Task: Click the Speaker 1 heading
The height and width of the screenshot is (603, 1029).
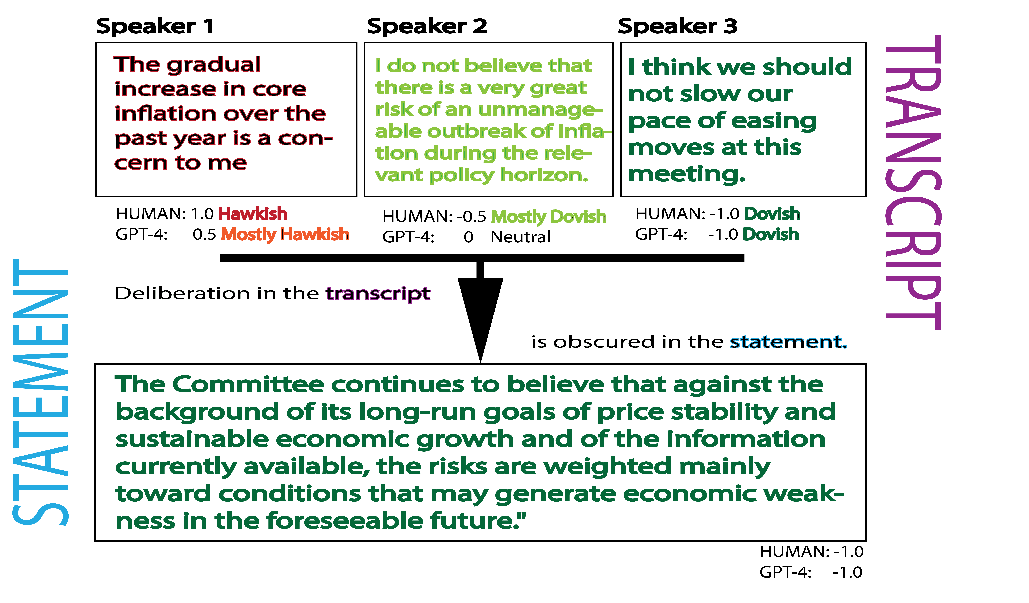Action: [x=155, y=27]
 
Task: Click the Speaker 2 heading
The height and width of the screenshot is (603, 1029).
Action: [x=427, y=27]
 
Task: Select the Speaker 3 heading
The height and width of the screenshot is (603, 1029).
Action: [x=678, y=27]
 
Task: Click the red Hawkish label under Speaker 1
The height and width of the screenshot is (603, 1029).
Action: [x=253, y=214]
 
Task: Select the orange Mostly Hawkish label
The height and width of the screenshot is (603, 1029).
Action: [x=285, y=235]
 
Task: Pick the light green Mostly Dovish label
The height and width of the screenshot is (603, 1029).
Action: [x=548, y=217]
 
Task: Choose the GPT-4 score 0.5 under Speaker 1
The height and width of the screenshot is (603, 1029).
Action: [x=204, y=235]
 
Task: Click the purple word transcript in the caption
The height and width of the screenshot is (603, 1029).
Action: [x=378, y=293]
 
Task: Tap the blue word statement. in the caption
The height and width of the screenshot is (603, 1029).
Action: [x=788, y=342]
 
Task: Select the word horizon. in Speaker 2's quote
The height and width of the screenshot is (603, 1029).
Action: [x=544, y=175]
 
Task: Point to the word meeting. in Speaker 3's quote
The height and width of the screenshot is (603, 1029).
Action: [x=687, y=174]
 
